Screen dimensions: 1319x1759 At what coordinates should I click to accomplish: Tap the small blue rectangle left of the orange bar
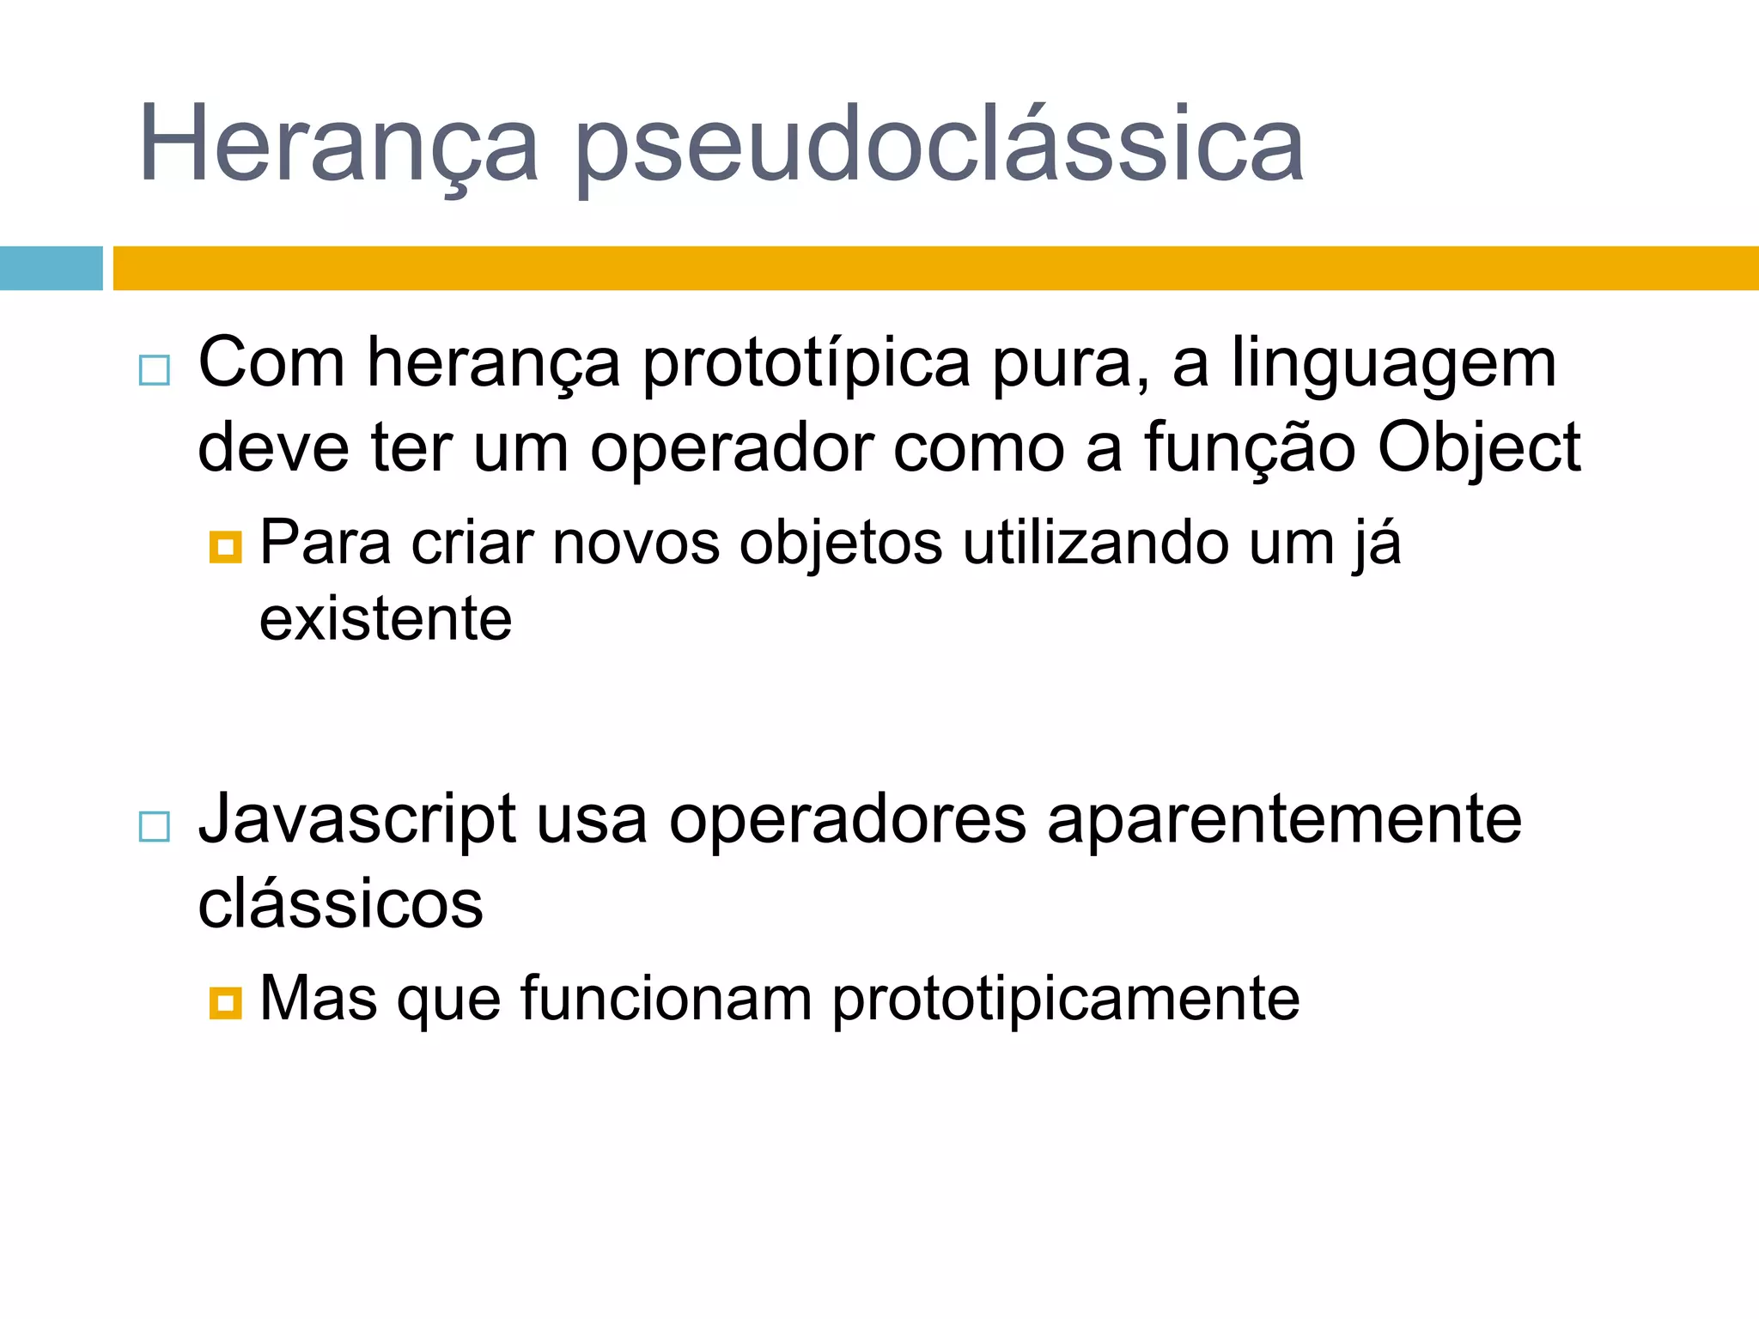point(51,268)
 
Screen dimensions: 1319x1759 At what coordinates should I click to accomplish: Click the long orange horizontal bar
point(935,268)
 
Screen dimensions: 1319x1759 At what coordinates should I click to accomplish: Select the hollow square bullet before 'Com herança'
point(155,370)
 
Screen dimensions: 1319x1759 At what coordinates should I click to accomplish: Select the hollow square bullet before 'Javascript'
point(155,826)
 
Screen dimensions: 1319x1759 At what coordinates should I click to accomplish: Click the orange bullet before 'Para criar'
point(225,546)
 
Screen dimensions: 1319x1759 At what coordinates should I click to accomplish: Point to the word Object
point(1478,448)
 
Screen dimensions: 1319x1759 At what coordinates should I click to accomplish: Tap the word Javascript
point(357,820)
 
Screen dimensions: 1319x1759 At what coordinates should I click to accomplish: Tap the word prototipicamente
point(1065,1000)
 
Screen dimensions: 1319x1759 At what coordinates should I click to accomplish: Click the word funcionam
point(666,998)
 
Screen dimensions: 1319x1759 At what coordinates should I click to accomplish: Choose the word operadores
point(847,820)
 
